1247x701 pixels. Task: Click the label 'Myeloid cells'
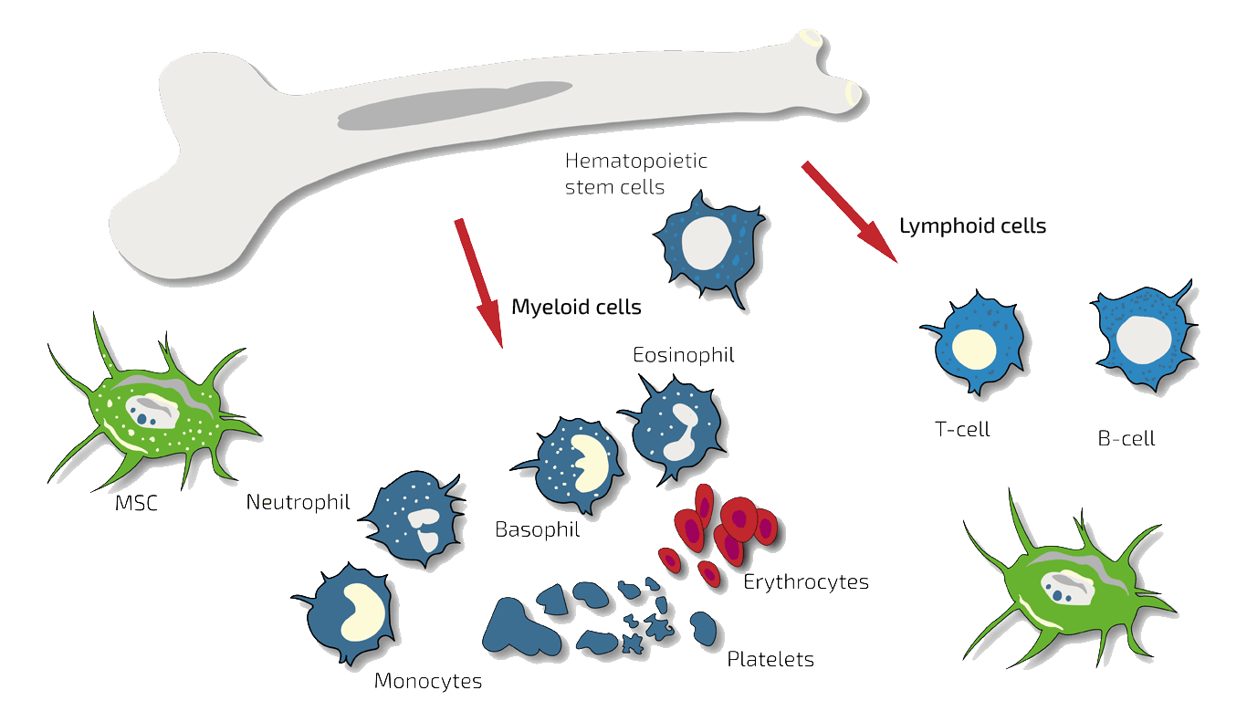(x=576, y=308)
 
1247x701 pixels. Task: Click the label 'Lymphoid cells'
(x=972, y=226)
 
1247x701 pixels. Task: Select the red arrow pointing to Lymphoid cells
(x=850, y=212)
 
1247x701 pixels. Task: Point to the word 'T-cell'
(x=962, y=429)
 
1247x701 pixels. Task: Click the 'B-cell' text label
(x=1126, y=439)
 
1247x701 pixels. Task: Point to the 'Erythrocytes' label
(x=805, y=582)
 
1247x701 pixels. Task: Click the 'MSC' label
(x=136, y=503)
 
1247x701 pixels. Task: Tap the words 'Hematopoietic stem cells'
(x=635, y=174)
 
